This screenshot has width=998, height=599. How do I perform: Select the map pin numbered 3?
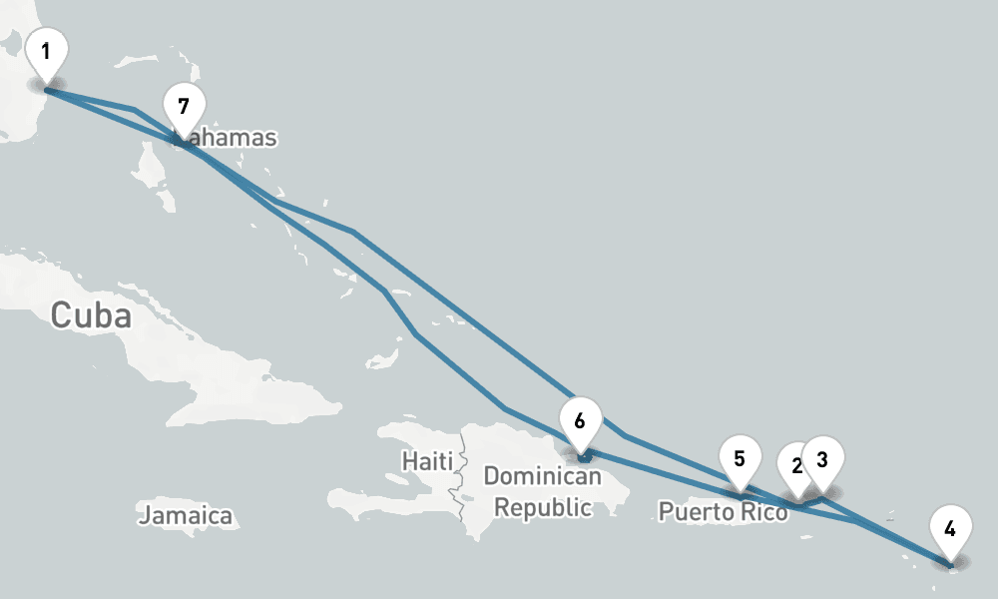point(823,460)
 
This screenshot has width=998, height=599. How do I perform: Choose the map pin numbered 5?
point(740,459)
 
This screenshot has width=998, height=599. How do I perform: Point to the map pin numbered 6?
point(580,420)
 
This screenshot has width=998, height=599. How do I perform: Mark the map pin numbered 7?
point(183,107)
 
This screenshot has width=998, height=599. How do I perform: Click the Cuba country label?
point(91,315)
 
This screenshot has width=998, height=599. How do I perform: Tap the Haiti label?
point(427,461)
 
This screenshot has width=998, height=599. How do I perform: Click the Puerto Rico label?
point(723,512)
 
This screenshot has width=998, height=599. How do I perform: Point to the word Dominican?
point(542,476)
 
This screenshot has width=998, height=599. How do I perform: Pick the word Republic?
point(543,507)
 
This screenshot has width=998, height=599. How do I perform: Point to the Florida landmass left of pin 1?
point(15,100)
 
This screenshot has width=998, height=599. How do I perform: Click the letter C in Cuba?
point(62,315)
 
